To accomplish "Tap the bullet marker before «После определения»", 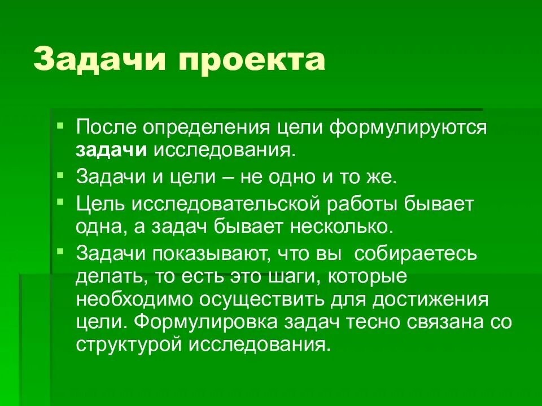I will click(60, 122).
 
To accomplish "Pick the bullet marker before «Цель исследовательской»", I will click(60, 201).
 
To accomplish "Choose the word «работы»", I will click(379, 205).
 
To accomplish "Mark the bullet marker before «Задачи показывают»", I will click(60, 250).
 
